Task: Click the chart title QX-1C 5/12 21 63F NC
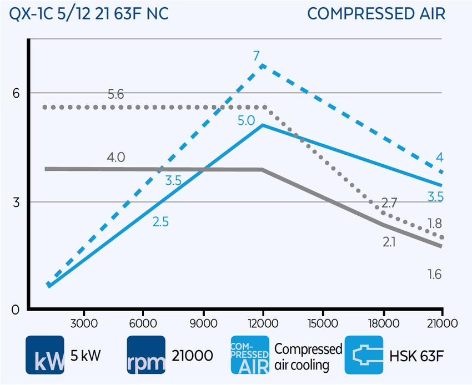coord(89,14)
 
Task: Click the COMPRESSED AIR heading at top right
coord(376,14)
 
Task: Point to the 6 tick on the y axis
coord(16,93)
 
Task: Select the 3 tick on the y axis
coord(16,202)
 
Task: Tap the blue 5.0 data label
coord(245,120)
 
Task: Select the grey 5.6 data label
coord(116,94)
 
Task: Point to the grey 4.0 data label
coord(116,158)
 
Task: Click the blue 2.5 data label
coord(160,222)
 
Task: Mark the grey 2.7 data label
coord(389,203)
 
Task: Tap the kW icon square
coord(45,355)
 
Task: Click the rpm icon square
coord(146,355)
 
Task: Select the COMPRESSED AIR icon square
coord(249,355)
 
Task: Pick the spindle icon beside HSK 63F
coord(364,355)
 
